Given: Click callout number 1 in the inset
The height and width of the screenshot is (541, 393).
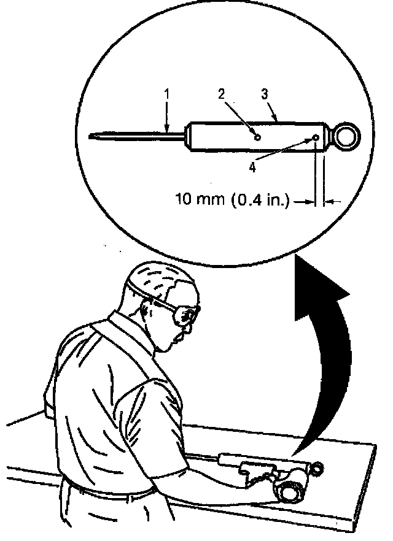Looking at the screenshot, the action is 167,94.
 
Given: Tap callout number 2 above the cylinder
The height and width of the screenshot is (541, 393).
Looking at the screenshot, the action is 222,93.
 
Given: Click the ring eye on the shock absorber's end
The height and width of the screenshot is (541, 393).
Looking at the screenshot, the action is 348,136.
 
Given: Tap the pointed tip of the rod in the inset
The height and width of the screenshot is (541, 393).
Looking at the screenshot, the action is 92,136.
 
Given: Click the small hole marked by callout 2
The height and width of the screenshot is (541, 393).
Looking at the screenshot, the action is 258,137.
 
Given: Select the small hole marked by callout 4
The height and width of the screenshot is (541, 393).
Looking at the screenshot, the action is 316,137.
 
